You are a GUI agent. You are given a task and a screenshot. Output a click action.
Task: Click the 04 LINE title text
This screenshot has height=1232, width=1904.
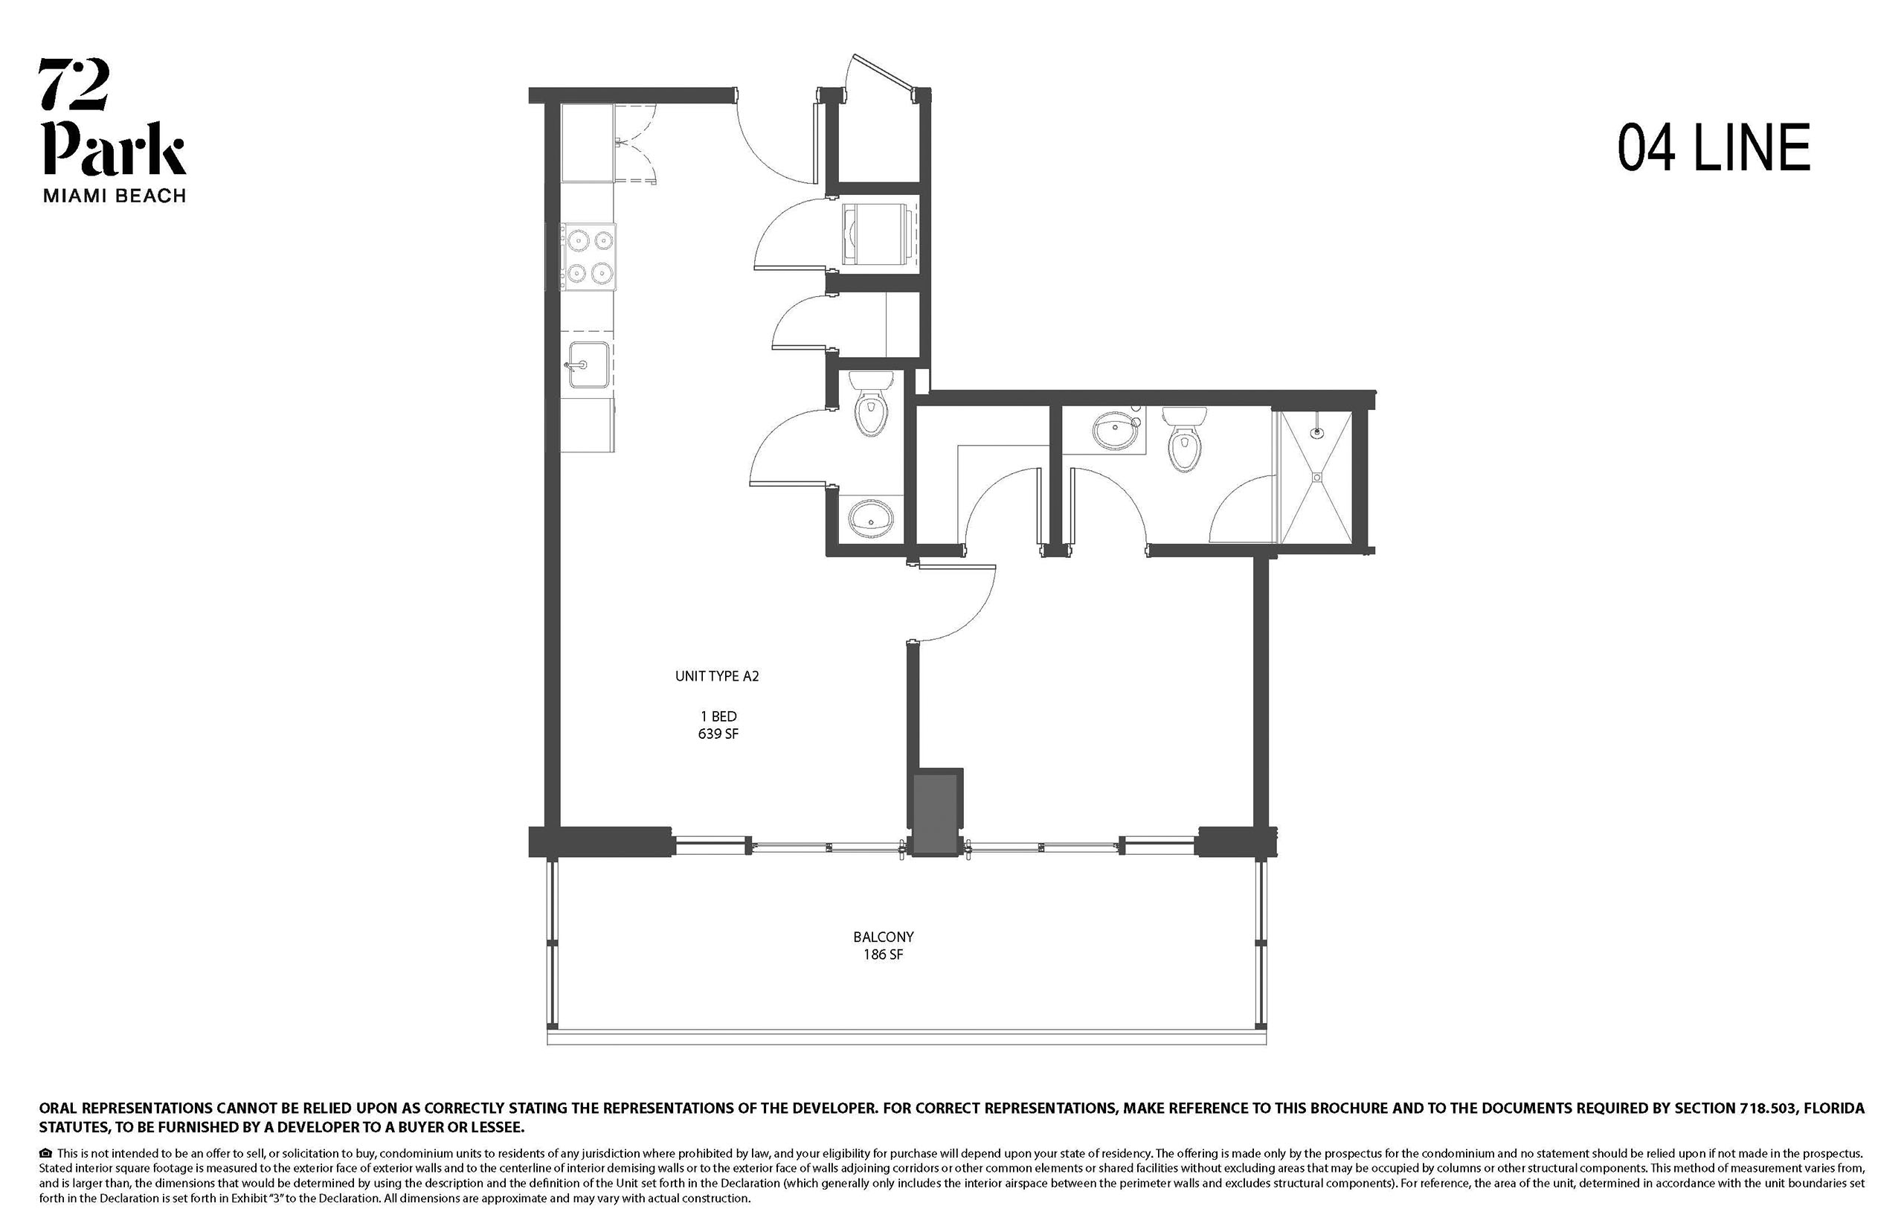tap(1713, 148)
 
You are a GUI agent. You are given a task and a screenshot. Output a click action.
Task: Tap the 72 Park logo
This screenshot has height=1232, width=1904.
tap(113, 117)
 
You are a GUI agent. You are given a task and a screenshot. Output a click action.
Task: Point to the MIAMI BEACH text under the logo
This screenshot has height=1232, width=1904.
tap(115, 196)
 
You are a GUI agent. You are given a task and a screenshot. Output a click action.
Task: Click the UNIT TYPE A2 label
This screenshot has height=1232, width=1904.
tap(716, 676)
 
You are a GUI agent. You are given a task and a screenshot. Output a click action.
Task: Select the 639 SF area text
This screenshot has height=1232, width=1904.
tap(718, 734)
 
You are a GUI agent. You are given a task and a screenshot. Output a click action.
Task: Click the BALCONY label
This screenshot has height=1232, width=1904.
tap(883, 937)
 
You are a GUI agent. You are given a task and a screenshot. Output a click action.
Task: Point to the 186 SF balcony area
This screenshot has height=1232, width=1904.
tap(883, 955)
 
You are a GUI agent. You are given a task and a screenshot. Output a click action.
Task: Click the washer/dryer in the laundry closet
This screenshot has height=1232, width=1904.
tap(876, 234)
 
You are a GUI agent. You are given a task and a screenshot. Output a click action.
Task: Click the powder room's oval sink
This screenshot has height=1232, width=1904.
tap(871, 520)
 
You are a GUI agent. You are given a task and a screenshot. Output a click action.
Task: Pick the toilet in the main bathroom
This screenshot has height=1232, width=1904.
tap(1184, 438)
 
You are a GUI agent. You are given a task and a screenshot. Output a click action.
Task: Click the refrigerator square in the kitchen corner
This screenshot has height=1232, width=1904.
tap(587, 143)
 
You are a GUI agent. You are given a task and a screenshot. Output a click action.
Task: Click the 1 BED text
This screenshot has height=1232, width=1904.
tap(718, 716)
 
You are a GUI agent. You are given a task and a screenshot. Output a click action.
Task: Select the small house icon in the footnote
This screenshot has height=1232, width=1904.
tap(45, 1153)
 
